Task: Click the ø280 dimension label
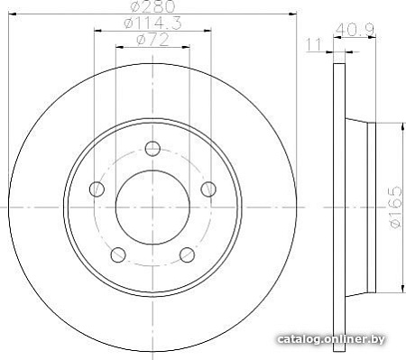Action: point(152,6)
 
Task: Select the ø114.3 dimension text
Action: point(152,23)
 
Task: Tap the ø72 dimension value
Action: point(152,40)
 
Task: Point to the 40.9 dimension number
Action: point(355,30)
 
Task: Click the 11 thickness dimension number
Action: point(314,44)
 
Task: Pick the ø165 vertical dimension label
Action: point(395,208)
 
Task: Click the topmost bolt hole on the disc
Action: point(152,149)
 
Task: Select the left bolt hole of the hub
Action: point(97,189)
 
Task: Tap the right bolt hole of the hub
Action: point(208,189)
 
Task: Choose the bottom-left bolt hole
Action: point(118,254)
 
